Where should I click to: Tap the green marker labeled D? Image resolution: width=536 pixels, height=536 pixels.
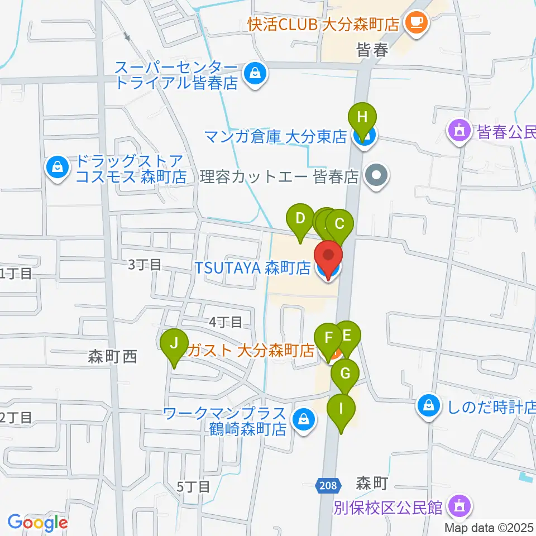pyautogui.click(x=300, y=218)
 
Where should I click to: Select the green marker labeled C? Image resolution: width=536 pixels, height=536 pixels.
pyautogui.click(x=339, y=224)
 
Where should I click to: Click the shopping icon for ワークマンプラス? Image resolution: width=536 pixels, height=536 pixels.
pyautogui.click(x=304, y=418)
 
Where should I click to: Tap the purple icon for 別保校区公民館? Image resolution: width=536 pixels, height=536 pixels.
pyautogui.click(x=460, y=506)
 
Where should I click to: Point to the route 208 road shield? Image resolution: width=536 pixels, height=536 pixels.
pyautogui.click(x=329, y=485)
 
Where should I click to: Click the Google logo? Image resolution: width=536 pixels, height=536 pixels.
pyautogui.click(x=38, y=523)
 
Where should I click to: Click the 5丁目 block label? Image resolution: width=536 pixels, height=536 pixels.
pyautogui.click(x=193, y=487)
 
